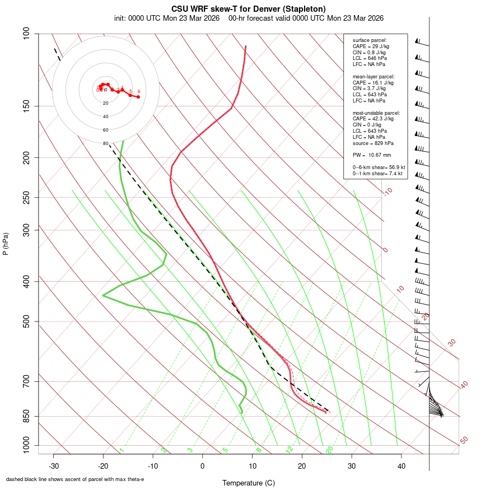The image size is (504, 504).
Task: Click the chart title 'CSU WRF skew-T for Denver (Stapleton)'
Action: pyautogui.click(x=249, y=8)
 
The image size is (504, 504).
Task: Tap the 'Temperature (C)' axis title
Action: pyautogui.click(x=249, y=483)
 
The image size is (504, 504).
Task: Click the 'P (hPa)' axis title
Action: pyautogui.click(x=6, y=244)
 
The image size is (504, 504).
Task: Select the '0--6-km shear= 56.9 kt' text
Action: pyautogui.click(x=379, y=167)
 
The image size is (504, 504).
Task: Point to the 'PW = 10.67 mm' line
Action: pyautogui.click(x=372, y=155)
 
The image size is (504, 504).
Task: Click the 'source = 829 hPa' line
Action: pyautogui.click(x=371, y=143)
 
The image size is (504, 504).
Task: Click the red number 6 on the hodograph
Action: pyautogui.click(x=138, y=91)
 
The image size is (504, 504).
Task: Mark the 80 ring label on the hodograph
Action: pyautogui.click(x=105, y=143)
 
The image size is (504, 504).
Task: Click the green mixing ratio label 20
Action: pyautogui.click(x=329, y=450)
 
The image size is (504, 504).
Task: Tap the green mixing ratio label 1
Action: pyautogui.click(x=121, y=450)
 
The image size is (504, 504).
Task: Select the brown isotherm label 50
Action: pyautogui.click(x=464, y=441)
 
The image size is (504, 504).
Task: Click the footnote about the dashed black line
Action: pyautogui.click(x=75, y=479)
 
